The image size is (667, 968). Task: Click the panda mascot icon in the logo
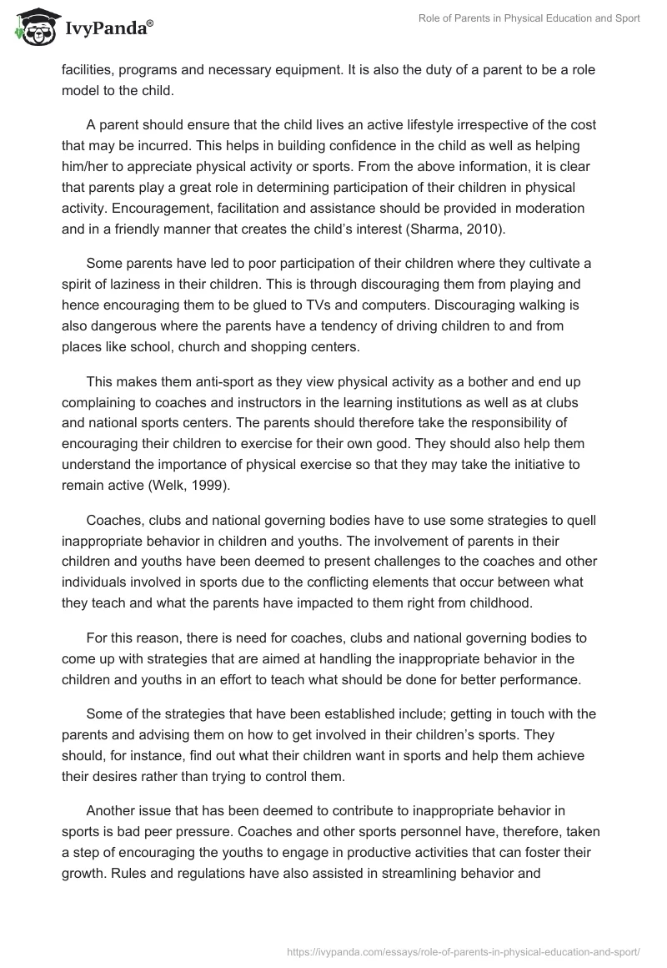(x=33, y=28)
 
